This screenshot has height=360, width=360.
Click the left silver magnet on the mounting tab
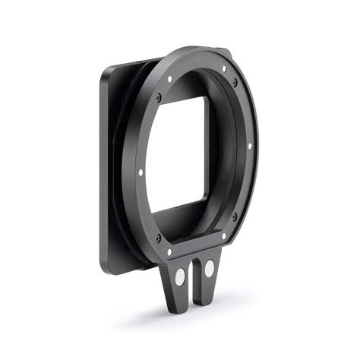coord(181,279)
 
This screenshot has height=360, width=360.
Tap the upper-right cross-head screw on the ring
coord(235,82)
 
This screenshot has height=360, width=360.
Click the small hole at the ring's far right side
coord(250,146)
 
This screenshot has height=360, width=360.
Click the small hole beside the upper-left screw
coord(172,78)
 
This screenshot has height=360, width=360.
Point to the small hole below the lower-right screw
coord(223,235)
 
